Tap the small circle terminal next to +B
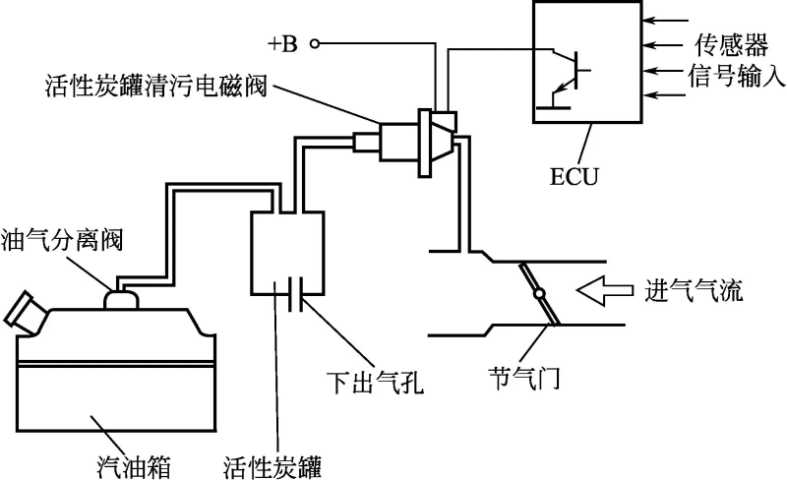[x=314, y=43]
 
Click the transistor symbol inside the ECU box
[x=568, y=70]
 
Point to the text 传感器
[x=720, y=44]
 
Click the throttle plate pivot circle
[x=539, y=294]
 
